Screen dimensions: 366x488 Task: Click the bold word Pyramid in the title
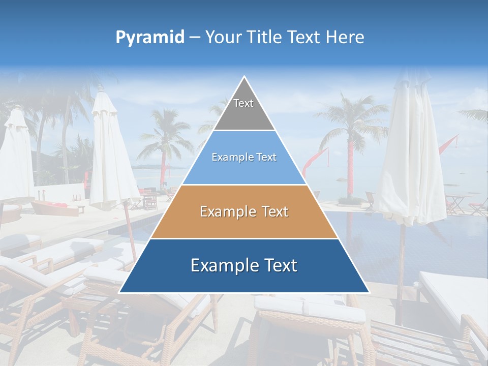click(x=150, y=38)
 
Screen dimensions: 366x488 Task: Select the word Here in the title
click(x=345, y=38)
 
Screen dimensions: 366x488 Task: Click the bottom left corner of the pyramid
click(x=120, y=292)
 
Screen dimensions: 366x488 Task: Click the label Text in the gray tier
click(x=243, y=103)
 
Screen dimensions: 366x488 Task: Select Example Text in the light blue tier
click(x=244, y=158)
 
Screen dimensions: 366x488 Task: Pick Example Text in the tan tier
click(x=244, y=211)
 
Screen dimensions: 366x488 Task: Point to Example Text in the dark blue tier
click(x=244, y=265)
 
